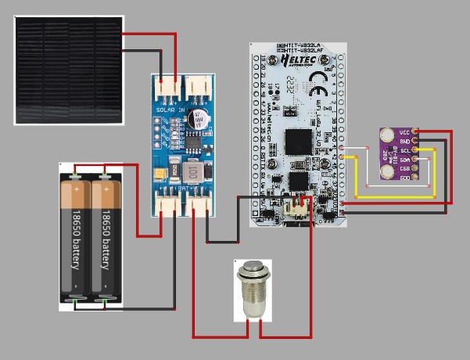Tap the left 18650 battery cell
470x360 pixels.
pyautogui.click(x=76, y=238)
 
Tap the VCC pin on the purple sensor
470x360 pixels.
pyautogui.click(x=414, y=132)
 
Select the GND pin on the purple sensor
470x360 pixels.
pyautogui.click(x=414, y=141)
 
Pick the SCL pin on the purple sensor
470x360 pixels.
pyautogui.click(x=414, y=150)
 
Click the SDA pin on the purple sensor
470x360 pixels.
pyautogui.click(x=414, y=160)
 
